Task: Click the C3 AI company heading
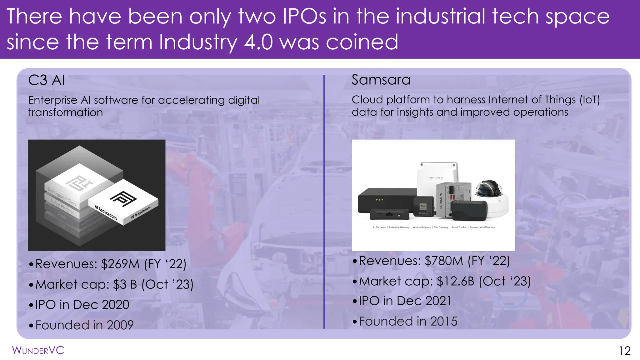(x=47, y=80)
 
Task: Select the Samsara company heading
(x=381, y=80)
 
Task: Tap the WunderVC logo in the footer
(x=38, y=350)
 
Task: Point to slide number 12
(x=624, y=351)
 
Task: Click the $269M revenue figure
(x=120, y=264)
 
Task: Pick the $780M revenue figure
(x=444, y=261)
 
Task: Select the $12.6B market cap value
(x=455, y=281)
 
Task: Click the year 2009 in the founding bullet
(x=120, y=325)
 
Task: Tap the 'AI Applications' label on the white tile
(x=106, y=212)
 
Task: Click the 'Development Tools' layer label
(x=62, y=196)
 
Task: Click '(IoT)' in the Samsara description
(x=589, y=100)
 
